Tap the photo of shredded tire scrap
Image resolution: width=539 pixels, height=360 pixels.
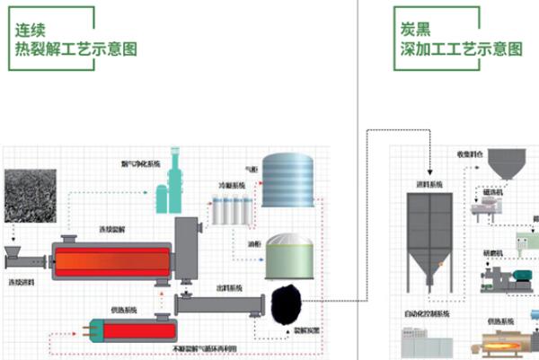(x=30, y=195)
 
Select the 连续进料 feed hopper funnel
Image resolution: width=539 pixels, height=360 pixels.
(x=15, y=254)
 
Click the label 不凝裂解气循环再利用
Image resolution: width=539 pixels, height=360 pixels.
(x=196, y=346)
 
